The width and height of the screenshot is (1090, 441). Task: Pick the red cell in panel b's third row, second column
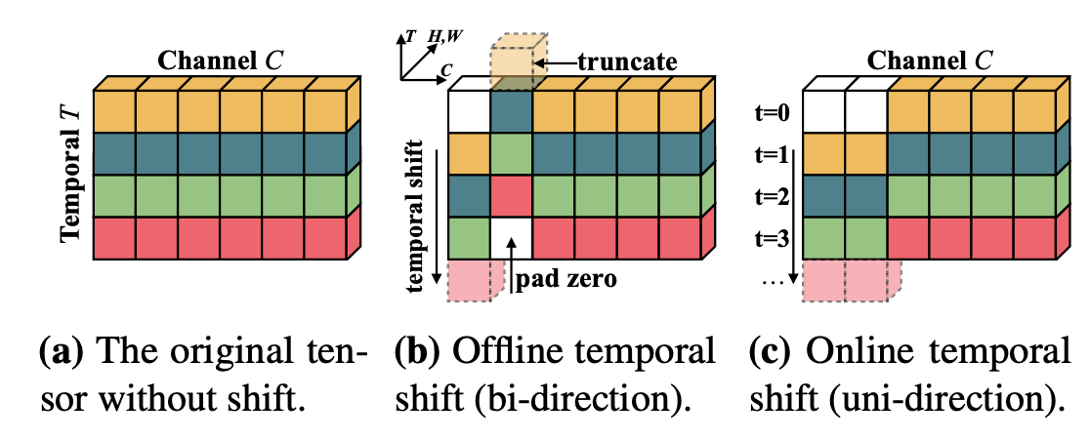[511, 195]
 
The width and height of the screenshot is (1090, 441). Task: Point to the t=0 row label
[776, 112]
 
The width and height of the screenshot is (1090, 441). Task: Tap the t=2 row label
[776, 194]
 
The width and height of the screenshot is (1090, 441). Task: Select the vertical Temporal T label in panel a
[71, 175]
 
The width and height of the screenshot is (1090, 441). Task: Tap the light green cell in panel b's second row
[511, 153]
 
